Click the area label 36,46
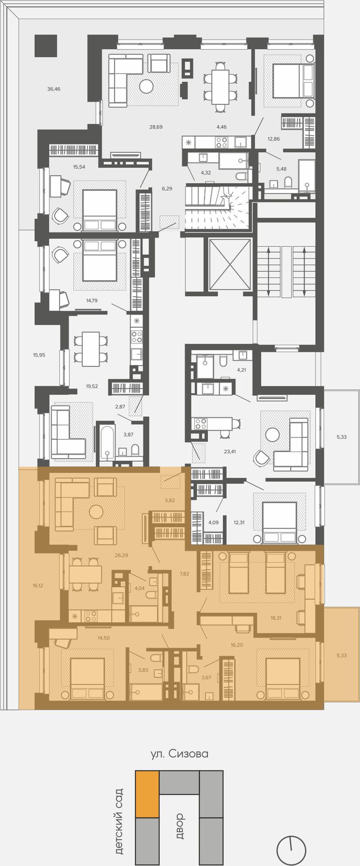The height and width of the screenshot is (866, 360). pos(54,89)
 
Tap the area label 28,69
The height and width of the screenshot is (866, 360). pos(156,127)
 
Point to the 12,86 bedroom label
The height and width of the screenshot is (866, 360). pos(273,138)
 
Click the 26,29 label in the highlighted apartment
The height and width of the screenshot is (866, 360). pos(121,555)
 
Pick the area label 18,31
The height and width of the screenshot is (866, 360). pos(276,618)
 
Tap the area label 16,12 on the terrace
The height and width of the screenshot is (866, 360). pos(38,585)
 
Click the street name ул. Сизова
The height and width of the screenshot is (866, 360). pos(180,754)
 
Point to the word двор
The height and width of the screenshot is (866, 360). pos(180,825)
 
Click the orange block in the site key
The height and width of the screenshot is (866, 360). pos(147,793)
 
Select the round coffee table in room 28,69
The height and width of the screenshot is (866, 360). pos(146,86)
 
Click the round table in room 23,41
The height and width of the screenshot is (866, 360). pos(272,434)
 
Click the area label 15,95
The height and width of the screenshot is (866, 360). pos(39,355)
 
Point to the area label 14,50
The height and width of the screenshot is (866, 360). pos(103,638)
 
